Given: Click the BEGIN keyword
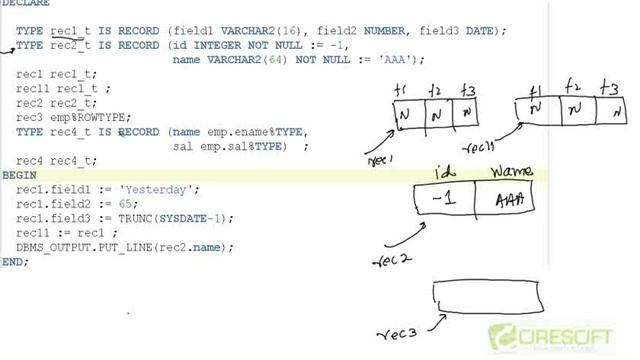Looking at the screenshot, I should pos(19,175).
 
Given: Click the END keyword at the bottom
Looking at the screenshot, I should pos(14,261).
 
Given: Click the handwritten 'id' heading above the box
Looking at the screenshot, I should pos(446,171).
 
